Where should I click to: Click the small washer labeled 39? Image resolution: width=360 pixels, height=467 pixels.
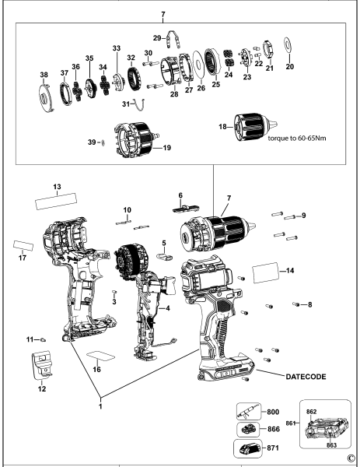click(101, 142)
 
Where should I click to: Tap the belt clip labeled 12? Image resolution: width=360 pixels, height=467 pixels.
click(44, 364)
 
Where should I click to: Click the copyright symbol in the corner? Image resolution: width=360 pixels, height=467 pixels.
click(351, 458)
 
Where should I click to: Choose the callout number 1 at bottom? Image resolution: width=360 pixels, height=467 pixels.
click(100, 406)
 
